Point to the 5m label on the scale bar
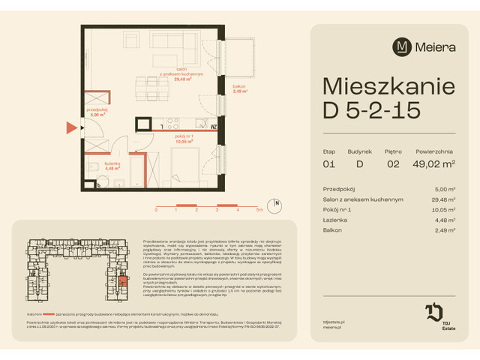point(258,211)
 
